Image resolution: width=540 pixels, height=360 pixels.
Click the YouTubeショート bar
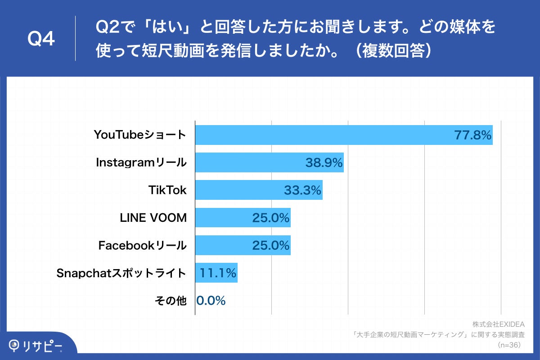click(344, 135)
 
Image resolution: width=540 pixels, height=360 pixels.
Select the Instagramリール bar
click(269, 162)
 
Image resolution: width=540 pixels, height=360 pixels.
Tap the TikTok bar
click(259, 190)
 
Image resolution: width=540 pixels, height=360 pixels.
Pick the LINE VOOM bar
click(243, 218)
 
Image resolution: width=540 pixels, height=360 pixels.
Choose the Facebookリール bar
click(243, 245)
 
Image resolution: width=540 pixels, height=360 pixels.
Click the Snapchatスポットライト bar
click(216, 273)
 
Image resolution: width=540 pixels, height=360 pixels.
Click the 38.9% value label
click(324, 163)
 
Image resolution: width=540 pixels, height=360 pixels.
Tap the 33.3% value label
click(302, 190)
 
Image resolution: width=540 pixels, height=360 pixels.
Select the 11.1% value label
click(218, 273)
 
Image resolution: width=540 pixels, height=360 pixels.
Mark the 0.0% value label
click(211, 301)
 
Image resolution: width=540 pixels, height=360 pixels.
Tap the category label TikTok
click(167, 190)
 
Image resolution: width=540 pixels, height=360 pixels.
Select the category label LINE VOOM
click(153, 218)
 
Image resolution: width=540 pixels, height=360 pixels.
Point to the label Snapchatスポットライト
click(121, 273)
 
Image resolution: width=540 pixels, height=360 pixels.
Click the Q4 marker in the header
click(41, 40)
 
